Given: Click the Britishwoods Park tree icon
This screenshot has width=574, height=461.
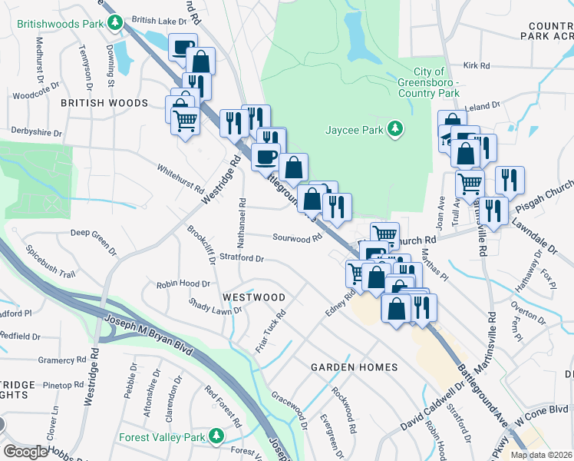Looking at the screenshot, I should (116, 24).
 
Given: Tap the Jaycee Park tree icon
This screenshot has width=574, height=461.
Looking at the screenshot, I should (395, 129).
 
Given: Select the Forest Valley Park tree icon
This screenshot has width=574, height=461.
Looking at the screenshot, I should (216, 436).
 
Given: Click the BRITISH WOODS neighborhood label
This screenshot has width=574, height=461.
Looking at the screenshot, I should (104, 103).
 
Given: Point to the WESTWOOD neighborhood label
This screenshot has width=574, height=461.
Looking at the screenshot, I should (253, 297).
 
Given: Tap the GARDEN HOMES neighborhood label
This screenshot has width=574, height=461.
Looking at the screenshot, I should (354, 367).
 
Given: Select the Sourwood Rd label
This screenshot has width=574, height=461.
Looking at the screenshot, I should (295, 238).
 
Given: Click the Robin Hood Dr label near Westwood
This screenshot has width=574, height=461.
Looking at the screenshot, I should (183, 284).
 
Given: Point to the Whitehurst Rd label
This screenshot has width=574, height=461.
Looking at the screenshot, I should (180, 178).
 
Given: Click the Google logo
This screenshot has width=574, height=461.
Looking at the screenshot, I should (25, 452).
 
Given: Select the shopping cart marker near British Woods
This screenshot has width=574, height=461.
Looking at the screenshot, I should (185, 120).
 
